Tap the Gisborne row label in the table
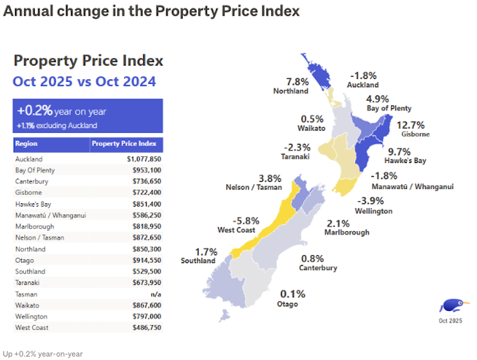point(28,192)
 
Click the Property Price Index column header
point(124,144)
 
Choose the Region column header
point(27,144)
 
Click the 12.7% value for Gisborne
point(410,125)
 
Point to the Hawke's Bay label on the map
point(406,161)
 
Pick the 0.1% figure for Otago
point(291,294)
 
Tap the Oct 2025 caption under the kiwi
point(450,320)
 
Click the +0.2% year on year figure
point(59,111)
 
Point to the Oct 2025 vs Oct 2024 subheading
point(84,82)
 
